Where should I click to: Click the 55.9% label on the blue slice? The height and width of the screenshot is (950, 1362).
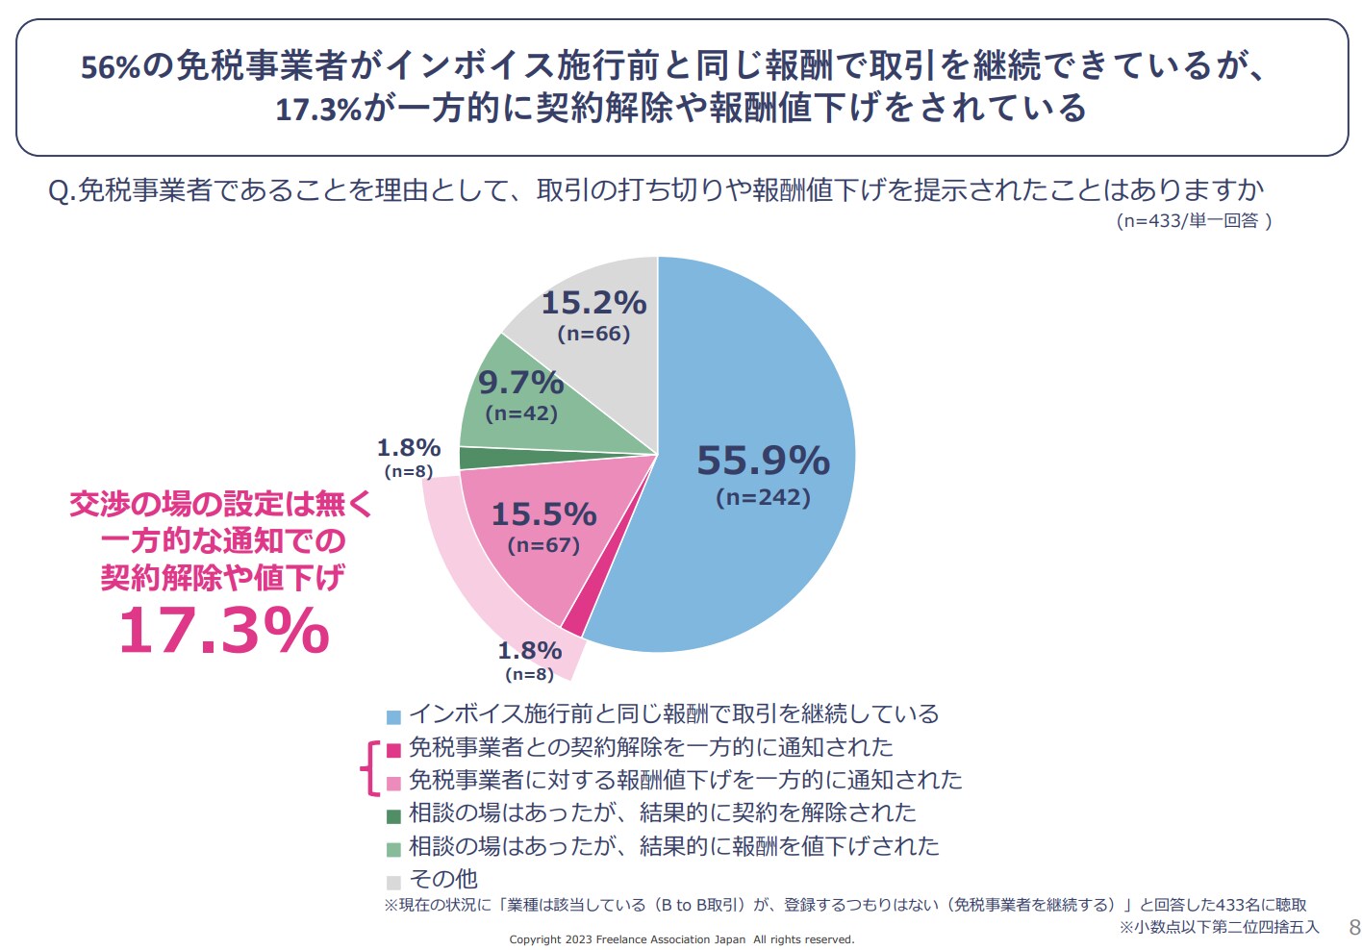[x=763, y=461]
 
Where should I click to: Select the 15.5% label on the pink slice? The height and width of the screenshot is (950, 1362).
[x=543, y=514]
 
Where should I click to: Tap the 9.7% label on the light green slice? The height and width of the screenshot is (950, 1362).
[x=520, y=383]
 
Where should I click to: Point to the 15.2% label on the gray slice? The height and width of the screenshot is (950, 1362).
[x=593, y=303]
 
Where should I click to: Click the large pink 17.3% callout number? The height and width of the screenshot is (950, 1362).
[x=223, y=631]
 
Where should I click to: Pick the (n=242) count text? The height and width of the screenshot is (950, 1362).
[x=763, y=497]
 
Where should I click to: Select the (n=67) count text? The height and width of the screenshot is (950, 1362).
[x=543, y=545]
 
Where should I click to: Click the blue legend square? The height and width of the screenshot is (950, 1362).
[x=393, y=717]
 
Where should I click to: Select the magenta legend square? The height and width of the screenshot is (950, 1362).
[x=393, y=750]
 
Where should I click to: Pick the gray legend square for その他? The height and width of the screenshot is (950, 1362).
[x=393, y=882]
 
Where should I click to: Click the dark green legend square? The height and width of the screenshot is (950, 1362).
[x=393, y=816]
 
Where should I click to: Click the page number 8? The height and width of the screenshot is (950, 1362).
[x=1354, y=928]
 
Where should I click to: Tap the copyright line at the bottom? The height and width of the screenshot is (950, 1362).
[x=681, y=939]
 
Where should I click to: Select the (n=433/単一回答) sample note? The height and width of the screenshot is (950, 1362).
[x=1194, y=220]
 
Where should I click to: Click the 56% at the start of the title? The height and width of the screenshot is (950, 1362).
[x=111, y=67]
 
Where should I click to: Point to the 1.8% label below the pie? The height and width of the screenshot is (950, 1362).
[x=529, y=651]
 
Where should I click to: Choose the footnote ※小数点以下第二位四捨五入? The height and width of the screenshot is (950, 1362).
[x=1219, y=927]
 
